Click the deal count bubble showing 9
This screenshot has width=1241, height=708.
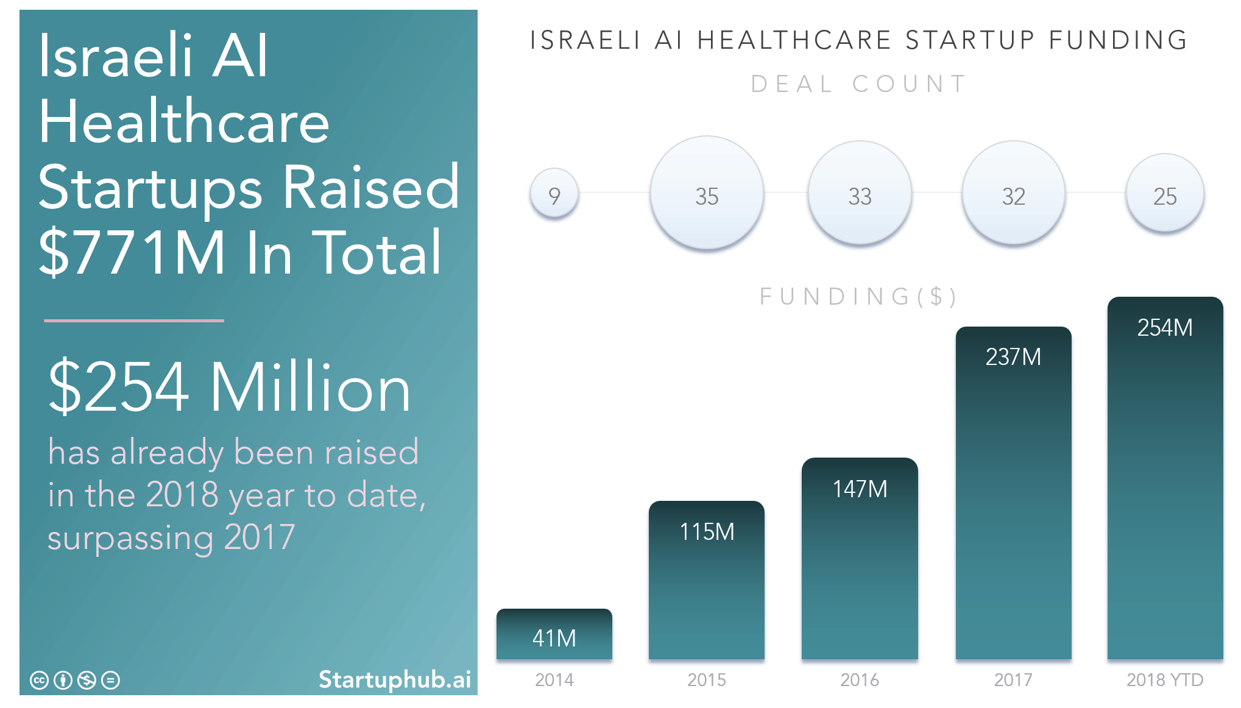click(x=554, y=194)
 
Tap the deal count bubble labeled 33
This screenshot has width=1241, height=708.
click(x=860, y=193)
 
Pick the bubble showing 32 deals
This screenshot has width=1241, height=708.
click(x=1013, y=193)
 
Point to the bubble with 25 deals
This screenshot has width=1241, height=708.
click(x=1165, y=193)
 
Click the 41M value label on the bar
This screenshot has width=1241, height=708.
click(x=554, y=638)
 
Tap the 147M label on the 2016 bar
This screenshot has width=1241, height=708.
click(x=860, y=489)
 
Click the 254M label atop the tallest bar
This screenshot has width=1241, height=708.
click(x=1165, y=328)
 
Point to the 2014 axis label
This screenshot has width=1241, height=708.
click(x=554, y=679)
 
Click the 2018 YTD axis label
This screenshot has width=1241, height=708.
click(x=1165, y=679)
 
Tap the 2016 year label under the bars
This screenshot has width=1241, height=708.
click(x=860, y=679)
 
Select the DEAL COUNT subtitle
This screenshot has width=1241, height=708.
click(x=858, y=84)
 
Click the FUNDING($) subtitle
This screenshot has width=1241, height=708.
click(x=858, y=297)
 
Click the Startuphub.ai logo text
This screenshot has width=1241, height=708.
click(x=395, y=679)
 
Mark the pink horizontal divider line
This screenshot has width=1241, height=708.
click(x=134, y=320)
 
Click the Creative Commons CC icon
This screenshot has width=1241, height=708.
click(x=39, y=680)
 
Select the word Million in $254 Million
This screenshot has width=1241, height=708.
click(x=311, y=388)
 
